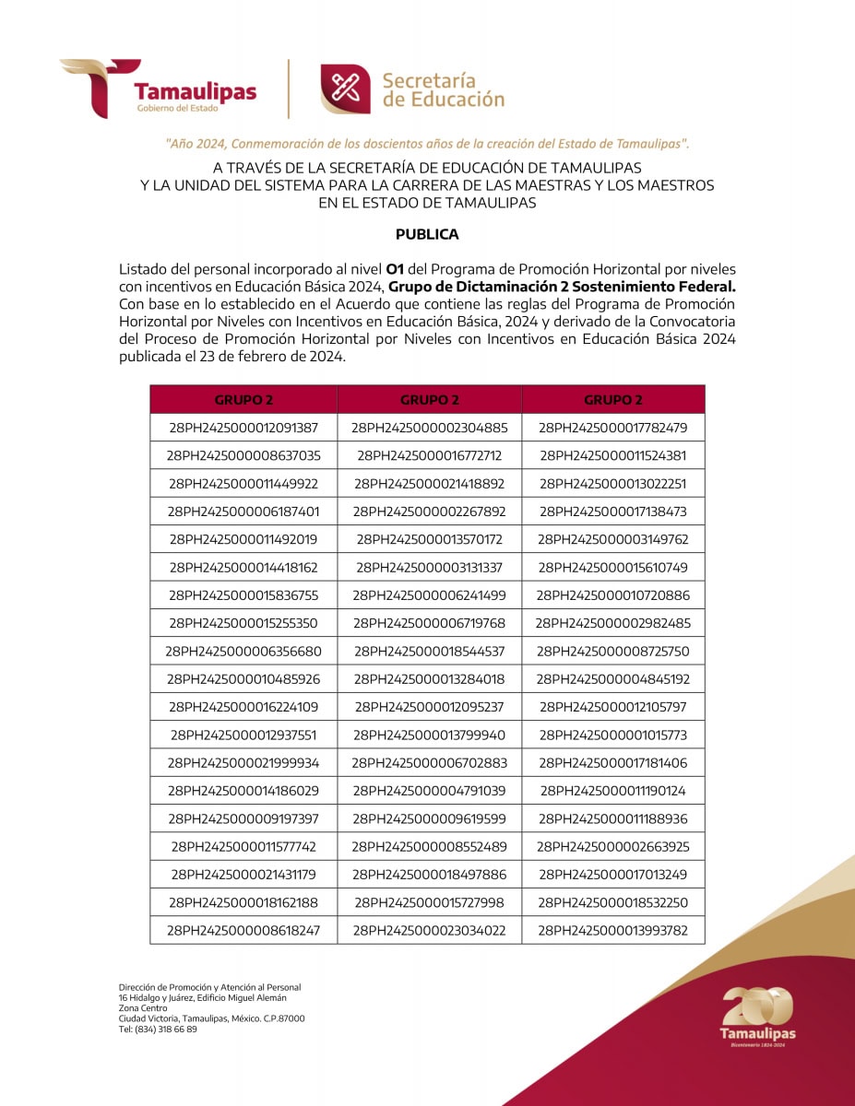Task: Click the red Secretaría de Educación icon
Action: pos(346,88)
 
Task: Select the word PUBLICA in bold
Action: pos(427,234)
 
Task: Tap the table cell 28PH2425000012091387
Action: pos(243,428)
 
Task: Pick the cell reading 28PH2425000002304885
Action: pos(430,428)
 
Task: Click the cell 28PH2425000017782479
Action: pos(613,428)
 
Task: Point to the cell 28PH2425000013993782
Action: pos(613,930)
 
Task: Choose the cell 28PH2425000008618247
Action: pos(243,930)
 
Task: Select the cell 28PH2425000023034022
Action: pos(430,930)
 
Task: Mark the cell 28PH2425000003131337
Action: pos(430,567)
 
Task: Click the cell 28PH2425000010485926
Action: pos(243,679)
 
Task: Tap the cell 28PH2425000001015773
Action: pos(613,735)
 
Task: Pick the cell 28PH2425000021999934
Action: pos(243,763)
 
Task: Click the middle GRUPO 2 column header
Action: pos(430,400)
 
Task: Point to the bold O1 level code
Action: pos(395,269)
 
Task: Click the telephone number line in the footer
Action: pos(158,1030)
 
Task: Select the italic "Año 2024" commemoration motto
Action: pos(427,144)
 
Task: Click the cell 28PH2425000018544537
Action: pos(430,651)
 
